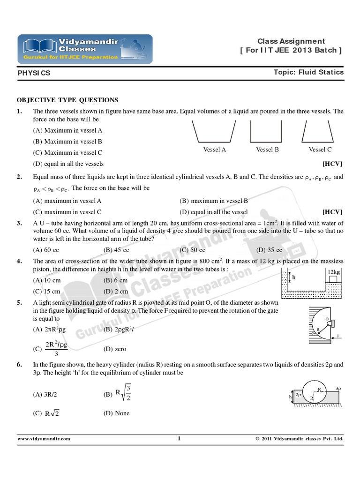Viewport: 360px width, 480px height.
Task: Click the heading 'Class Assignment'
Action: click(291, 41)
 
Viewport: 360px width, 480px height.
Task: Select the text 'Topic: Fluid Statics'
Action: click(308, 72)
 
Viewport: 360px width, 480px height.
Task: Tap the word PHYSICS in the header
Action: click(34, 73)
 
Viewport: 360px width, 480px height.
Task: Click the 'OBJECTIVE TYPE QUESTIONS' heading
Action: click(67, 100)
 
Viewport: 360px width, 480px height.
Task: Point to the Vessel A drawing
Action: click(214, 131)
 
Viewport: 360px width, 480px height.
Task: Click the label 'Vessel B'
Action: click(267, 150)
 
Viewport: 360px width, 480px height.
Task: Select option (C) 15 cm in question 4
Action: click(46, 291)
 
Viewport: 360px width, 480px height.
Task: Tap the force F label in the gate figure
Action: click(337, 336)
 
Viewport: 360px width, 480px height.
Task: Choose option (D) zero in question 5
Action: click(115, 349)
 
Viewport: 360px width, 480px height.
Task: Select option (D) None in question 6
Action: click(116, 413)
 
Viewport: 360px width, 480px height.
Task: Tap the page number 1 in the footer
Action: click(179, 439)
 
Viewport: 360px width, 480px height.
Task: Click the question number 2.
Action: click(20, 177)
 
